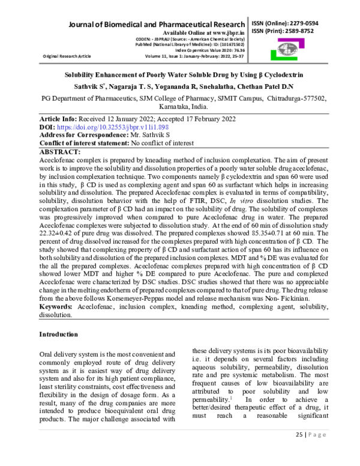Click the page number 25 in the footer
299,452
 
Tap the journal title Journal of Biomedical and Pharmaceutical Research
157,23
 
